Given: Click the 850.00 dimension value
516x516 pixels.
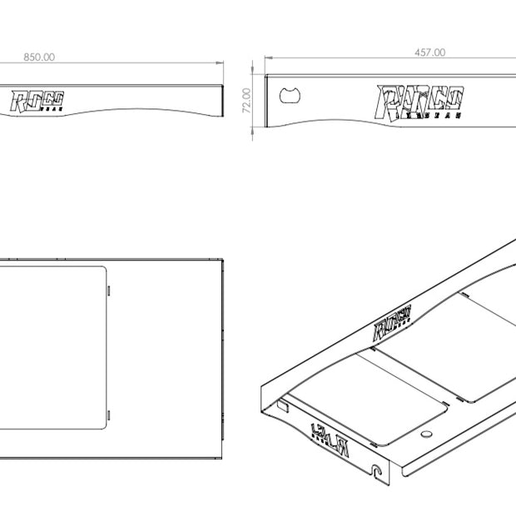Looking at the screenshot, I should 39,57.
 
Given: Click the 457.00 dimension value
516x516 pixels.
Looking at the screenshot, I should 429,52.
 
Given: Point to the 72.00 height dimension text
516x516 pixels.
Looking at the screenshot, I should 247,101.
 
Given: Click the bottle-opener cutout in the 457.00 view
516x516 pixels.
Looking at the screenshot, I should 290,93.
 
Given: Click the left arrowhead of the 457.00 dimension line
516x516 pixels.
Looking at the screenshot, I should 268,58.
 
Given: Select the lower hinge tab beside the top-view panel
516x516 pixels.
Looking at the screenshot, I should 111,413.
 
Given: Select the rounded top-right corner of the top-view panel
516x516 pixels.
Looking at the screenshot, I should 103,269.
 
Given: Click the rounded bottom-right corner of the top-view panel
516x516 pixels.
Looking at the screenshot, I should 103,425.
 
